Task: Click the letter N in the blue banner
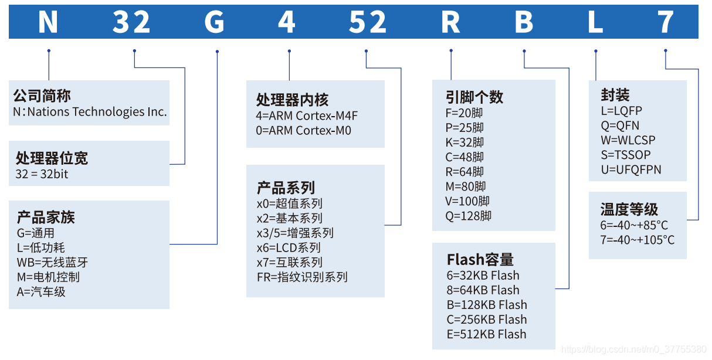click(x=48, y=22)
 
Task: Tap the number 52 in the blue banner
click(x=368, y=22)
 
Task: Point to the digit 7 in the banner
click(x=666, y=22)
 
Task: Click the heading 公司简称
click(x=42, y=96)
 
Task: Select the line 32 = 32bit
click(x=42, y=174)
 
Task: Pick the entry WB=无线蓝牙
click(x=52, y=262)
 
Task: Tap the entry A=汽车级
click(x=41, y=291)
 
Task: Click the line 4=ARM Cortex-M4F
click(x=307, y=116)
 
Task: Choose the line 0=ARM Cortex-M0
click(x=303, y=130)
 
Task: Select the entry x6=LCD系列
click(x=289, y=247)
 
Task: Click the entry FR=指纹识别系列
click(x=302, y=277)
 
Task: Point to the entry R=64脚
click(x=465, y=172)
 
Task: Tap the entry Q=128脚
click(x=468, y=216)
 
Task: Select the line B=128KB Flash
click(x=486, y=305)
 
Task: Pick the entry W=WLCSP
click(x=628, y=140)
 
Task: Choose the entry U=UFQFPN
click(x=630, y=169)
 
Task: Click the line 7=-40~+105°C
click(x=637, y=240)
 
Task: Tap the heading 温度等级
click(x=629, y=209)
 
